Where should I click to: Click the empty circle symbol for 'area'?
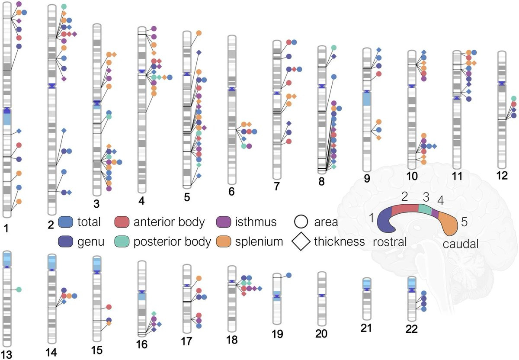(301, 222)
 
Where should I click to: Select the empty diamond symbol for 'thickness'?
(301, 241)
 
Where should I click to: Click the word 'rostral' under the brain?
(390, 242)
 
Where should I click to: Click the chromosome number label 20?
(322, 334)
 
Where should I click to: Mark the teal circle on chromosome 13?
(19, 289)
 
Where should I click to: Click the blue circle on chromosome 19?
(289, 275)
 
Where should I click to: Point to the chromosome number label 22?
(412, 329)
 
